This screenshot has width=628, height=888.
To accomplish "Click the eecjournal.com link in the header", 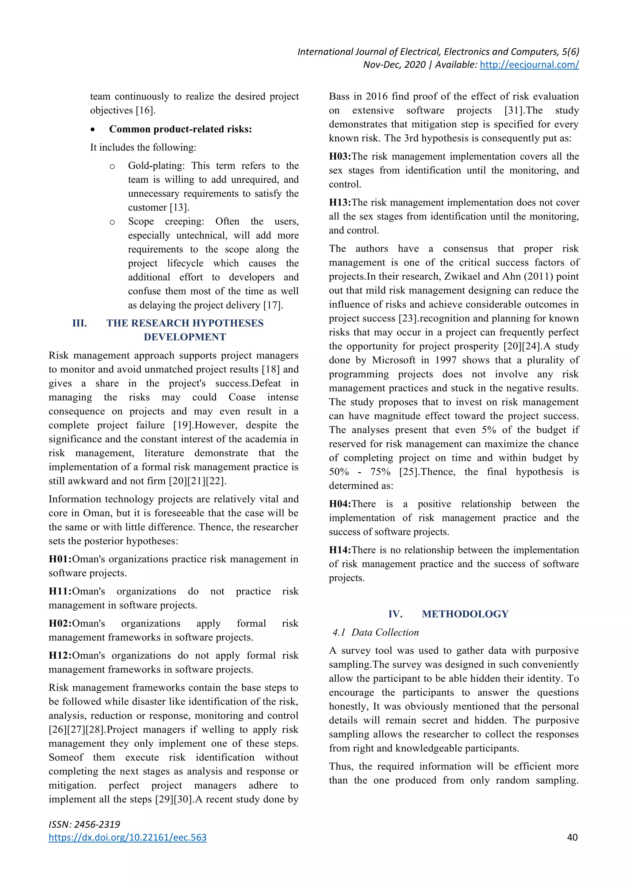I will pos(529,65).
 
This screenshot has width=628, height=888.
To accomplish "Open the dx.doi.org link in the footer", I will pos(128,837).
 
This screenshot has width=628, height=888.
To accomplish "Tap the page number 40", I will pos(572,837).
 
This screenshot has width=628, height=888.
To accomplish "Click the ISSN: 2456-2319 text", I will pos(84,824).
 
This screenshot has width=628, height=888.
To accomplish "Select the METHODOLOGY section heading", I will pos(465,614).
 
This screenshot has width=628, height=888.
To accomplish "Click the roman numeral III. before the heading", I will pos(80,323).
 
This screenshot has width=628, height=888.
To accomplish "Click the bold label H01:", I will pos(60,559).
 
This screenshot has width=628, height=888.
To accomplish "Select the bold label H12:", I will pos(60,656).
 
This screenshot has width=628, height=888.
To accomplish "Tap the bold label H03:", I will pos(340,157).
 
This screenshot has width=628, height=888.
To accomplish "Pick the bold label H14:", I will pos(340,550).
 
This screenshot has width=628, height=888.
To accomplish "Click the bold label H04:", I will pos(340,504).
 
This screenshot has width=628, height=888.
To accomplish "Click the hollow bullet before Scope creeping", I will pos(112,222).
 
